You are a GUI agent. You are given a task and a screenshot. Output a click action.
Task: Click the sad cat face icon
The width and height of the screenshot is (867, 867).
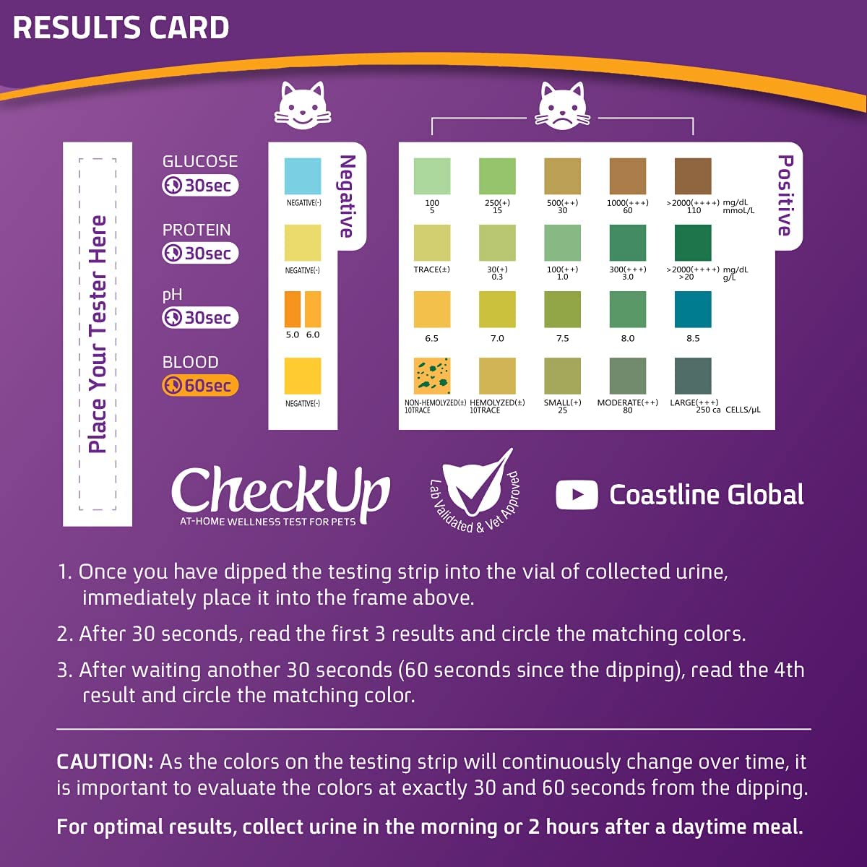point(562,106)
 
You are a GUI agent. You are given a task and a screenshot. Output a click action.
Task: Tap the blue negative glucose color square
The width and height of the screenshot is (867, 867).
point(303,176)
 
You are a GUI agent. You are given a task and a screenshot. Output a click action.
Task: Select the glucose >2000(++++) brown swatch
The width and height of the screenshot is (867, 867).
point(693,176)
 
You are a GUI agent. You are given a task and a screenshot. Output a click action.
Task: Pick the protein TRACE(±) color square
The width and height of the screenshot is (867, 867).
point(432,243)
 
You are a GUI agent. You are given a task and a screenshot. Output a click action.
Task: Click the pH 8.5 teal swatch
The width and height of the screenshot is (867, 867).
point(693,309)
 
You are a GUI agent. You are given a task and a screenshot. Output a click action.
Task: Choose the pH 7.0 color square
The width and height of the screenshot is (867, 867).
point(497,309)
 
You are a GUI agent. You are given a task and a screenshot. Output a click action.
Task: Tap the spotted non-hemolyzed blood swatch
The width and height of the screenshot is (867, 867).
point(432,376)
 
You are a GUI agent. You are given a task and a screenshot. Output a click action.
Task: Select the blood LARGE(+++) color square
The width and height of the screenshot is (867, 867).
point(693,376)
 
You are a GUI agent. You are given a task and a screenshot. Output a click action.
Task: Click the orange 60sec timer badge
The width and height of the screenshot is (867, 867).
point(200,385)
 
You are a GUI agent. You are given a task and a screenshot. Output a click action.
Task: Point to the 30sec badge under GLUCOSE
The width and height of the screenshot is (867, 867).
point(200,186)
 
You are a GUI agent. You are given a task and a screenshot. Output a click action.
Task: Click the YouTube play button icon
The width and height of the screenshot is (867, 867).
point(577,495)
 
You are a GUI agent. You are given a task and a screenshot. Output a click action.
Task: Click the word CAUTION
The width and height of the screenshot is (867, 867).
point(105,762)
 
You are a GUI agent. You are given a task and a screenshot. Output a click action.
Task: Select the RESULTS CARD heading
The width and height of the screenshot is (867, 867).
point(121,28)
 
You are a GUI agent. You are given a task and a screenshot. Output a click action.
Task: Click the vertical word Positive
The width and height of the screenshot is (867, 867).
point(785,195)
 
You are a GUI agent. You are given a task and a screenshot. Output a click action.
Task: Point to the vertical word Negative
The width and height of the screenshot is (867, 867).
point(348,196)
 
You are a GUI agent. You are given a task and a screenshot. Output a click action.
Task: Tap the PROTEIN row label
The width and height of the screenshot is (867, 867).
point(197,230)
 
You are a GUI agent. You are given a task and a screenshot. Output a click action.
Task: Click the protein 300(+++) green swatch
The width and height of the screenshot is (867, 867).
point(628,243)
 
